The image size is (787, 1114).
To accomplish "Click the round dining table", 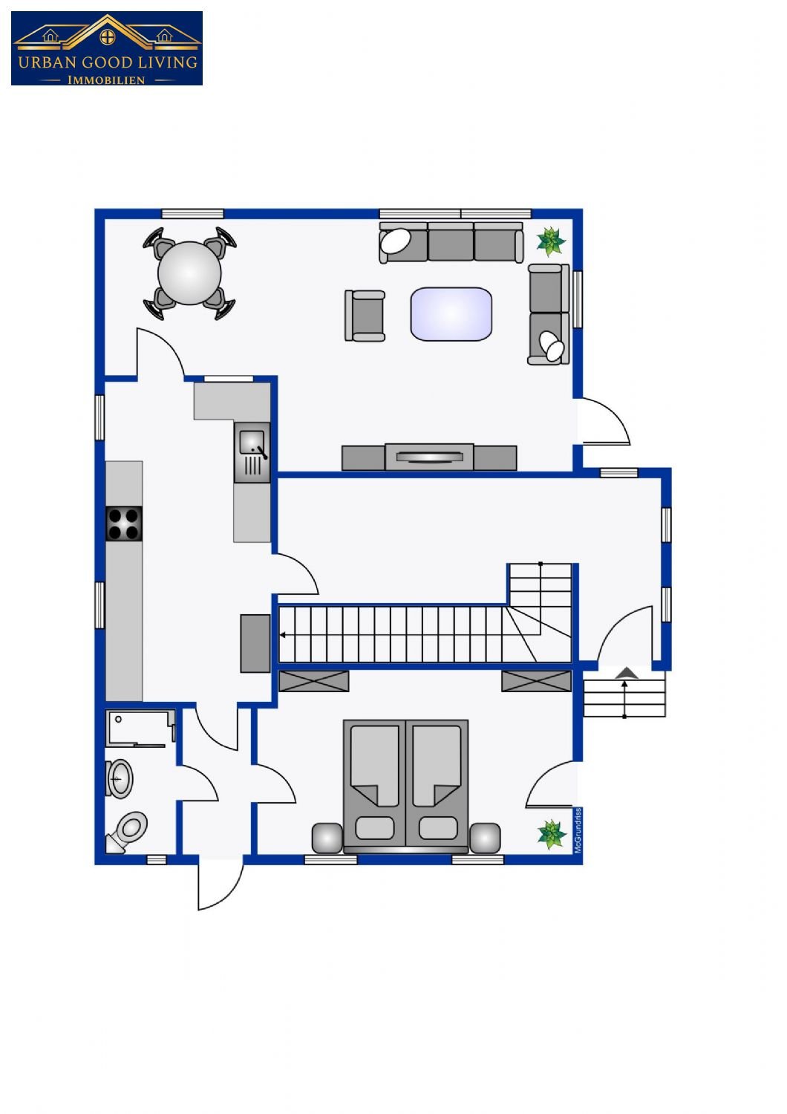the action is (189, 273).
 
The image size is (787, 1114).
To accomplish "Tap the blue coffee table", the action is (451, 314).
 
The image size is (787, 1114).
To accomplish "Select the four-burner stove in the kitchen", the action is (124, 524).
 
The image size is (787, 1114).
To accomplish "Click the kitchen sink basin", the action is (252, 442).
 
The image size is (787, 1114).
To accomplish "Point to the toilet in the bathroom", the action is (127, 832).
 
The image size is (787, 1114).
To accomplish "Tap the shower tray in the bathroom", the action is (140, 729).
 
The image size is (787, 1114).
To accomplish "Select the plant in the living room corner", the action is (551, 241).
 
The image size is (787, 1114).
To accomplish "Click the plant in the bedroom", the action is (552, 834).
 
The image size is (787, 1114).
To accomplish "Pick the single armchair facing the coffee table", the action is (365, 316).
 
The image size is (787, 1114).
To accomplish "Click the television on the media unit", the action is (429, 457).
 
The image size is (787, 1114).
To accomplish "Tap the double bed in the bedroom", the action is (405, 786).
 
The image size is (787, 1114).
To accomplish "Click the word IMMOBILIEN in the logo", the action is (106, 80).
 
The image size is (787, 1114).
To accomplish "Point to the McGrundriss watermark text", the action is (578, 830).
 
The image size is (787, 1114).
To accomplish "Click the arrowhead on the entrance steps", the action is (627, 674).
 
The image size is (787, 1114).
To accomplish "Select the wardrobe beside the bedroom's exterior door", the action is (537, 681).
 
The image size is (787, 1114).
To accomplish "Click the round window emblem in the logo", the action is (108, 37).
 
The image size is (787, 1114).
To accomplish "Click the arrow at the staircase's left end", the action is (282, 635).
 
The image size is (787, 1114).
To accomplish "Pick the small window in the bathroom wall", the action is (157, 859).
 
